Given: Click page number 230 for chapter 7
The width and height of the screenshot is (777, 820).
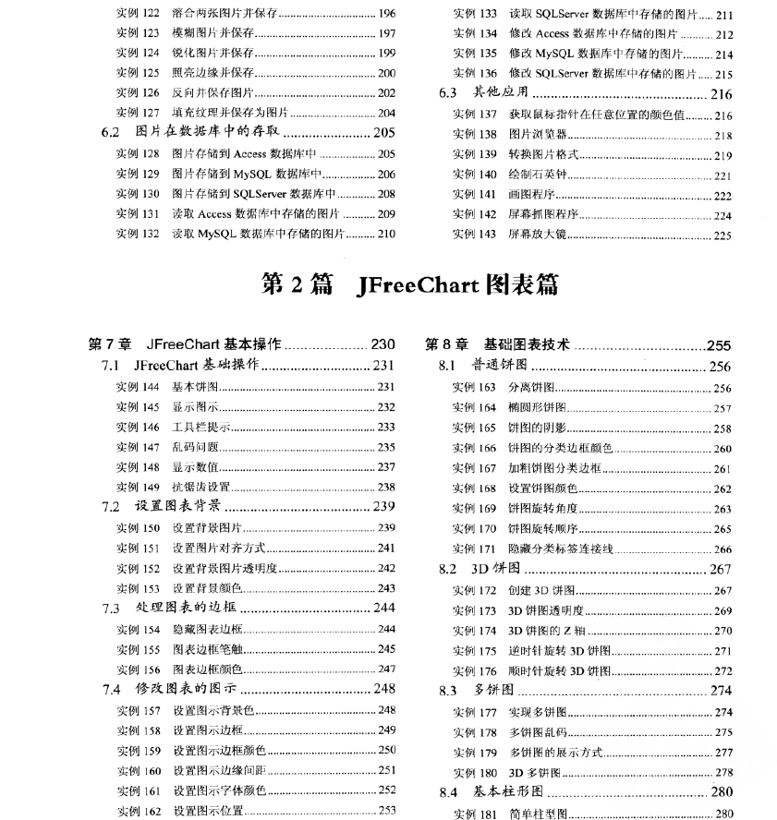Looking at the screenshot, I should click(382, 345).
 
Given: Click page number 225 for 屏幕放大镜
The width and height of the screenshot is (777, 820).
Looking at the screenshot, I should click(722, 235).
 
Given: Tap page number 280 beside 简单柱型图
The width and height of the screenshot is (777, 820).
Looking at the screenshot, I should click(723, 814).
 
